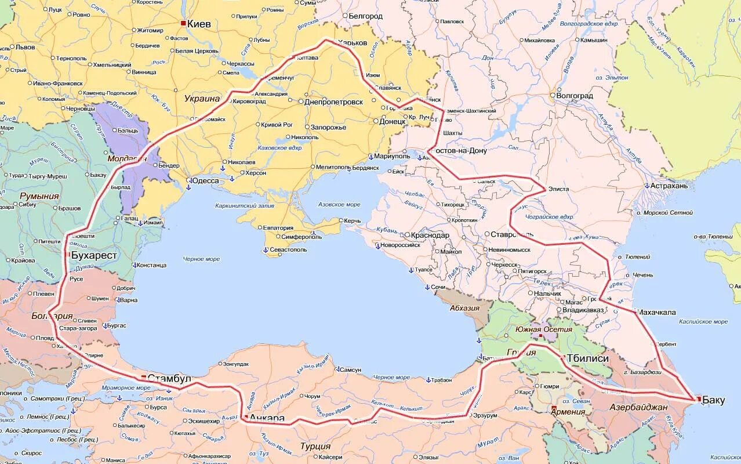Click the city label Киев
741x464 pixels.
pos(199,24)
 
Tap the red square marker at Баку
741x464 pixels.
pos(699,399)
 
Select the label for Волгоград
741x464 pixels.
pos(575,96)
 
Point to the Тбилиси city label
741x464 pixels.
pos(588,358)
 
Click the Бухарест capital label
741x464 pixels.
pos(94,255)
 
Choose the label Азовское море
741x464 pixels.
pos(340,205)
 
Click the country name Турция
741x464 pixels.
pos(315,446)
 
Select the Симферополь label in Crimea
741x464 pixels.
pos(302,237)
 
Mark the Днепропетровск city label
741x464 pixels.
pos(334,102)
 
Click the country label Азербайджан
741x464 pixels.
pos(638,407)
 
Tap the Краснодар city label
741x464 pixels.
pos(430,235)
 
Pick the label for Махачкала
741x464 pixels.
pos(656,312)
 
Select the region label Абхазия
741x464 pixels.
pos(464,308)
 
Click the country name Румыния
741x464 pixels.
pos(39,196)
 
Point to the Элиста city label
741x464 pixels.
pos(559,189)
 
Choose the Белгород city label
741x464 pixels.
pos(365,16)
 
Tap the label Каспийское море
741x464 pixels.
pos(704,321)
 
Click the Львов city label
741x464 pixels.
pos(25,47)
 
